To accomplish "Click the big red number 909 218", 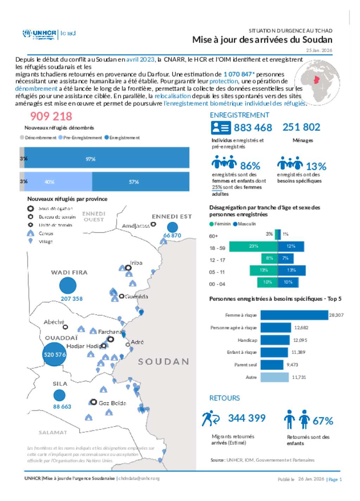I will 51,116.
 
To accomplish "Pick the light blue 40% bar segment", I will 58,181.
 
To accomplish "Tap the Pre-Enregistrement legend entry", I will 80,138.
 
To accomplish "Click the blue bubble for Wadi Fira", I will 68,285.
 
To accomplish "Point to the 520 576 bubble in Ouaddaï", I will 54,354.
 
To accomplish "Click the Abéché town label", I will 54,322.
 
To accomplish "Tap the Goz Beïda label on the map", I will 112,403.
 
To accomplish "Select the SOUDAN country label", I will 163,361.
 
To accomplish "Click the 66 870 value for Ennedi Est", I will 172,236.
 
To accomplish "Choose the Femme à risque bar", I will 294,315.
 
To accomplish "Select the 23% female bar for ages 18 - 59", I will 253,246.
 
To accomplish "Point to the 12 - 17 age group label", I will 217,260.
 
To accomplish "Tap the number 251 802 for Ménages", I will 301,127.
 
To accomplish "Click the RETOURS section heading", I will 224,398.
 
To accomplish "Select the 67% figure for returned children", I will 323,421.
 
